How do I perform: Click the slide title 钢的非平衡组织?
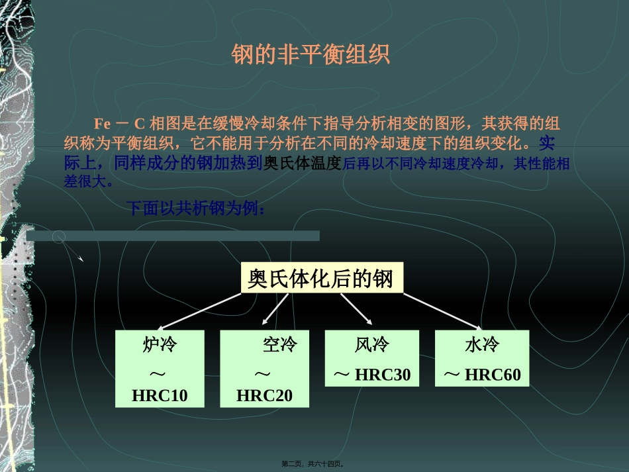[x=311, y=55]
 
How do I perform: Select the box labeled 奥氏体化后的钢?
[x=320, y=278]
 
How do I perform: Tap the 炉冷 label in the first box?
[x=160, y=345]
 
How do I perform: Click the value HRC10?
[x=160, y=396]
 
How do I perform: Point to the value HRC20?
[x=264, y=396]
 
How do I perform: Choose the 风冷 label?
[x=371, y=345]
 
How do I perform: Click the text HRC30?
[x=383, y=375]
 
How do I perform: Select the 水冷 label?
[x=481, y=345]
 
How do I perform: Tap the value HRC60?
[x=493, y=375]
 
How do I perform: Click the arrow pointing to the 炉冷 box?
[x=199, y=311]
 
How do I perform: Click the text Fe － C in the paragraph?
[x=119, y=124]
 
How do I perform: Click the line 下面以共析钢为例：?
[x=197, y=209]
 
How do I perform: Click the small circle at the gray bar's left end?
[x=59, y=236]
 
